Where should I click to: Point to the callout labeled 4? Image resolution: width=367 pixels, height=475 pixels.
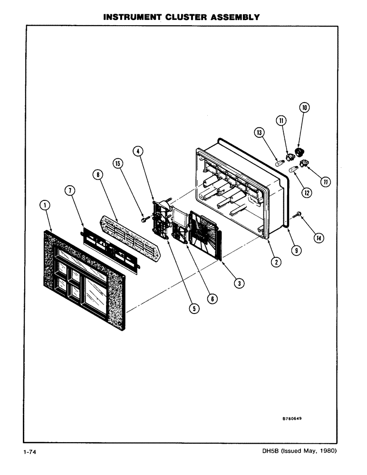[x=137, y=152]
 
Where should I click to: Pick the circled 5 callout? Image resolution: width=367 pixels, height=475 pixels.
[x=193, y=308]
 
